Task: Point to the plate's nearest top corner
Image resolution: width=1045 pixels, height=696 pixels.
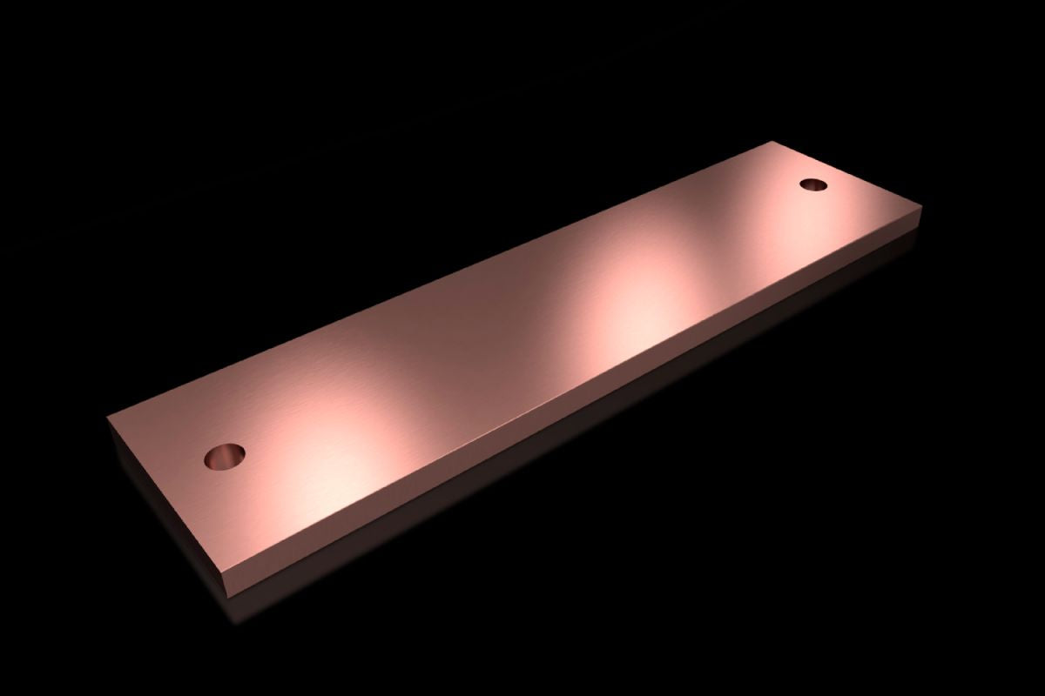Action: [x=225, y=572]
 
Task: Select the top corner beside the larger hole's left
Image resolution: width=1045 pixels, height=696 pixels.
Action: [x=108, y=417]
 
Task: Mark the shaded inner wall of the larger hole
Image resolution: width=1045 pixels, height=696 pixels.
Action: [x=228, y=451]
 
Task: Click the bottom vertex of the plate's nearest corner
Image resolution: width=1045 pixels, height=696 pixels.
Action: [x=228, y=595]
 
